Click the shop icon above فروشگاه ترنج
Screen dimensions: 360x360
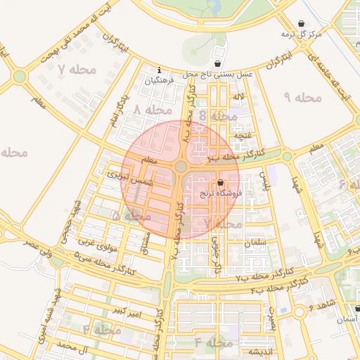coord(221,182)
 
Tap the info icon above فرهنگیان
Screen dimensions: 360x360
coord(160,70)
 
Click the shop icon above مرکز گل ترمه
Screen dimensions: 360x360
coord(302,23)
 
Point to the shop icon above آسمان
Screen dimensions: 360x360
coord(356,308)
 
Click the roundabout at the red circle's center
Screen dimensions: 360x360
coord(181,167)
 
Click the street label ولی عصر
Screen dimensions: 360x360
coord(37,246)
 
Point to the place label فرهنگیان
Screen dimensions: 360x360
coord(159,81)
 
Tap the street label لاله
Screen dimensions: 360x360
coord(240,96)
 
